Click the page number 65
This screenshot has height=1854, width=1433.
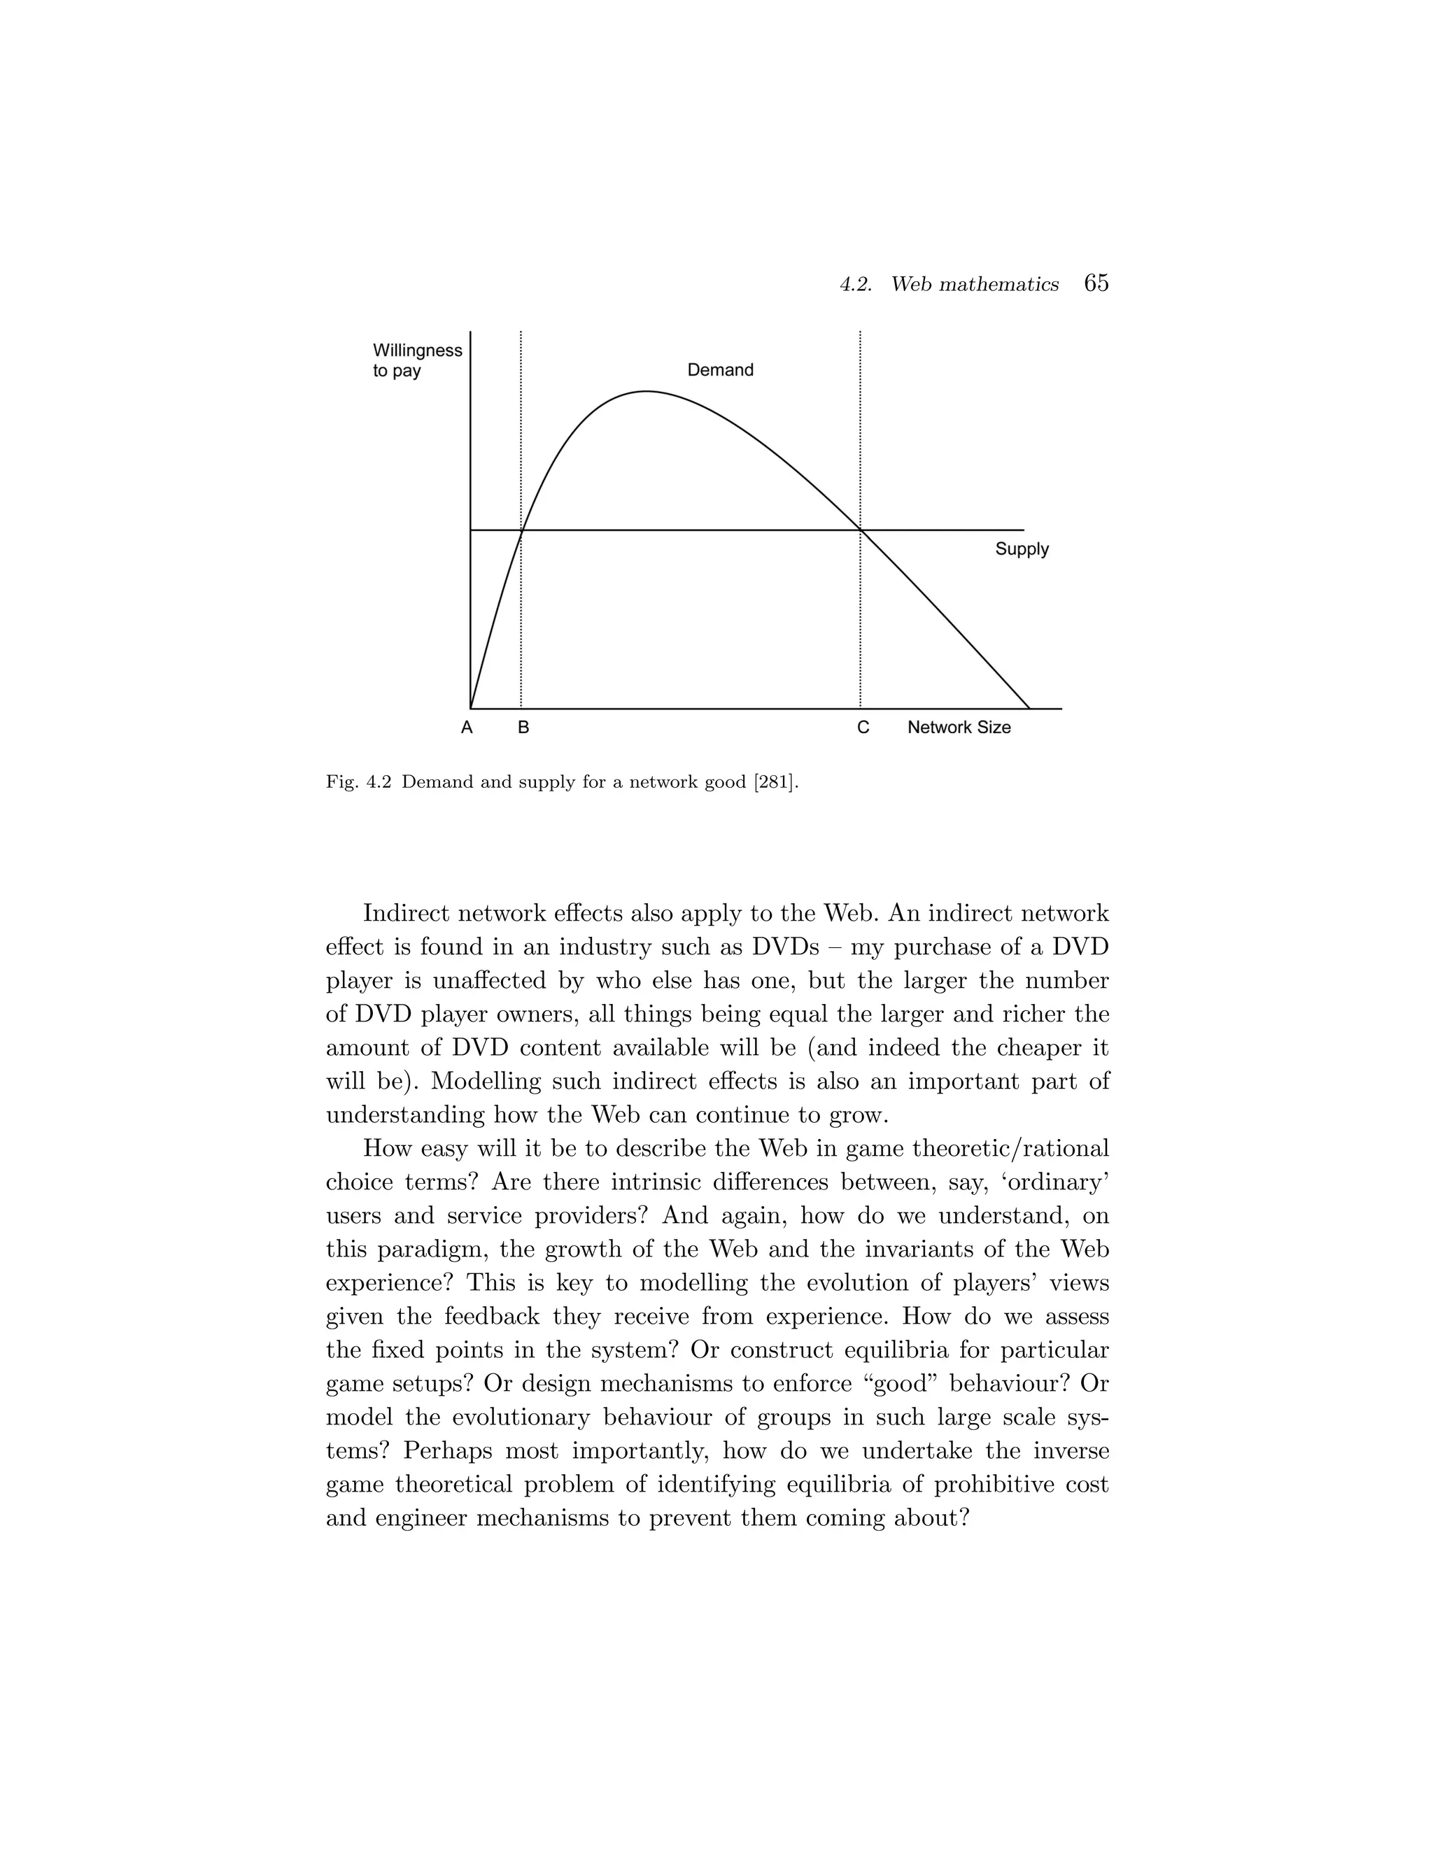(1096, 283)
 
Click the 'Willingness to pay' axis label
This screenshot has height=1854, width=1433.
(417, 360)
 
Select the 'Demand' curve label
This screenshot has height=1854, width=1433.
(720, 370)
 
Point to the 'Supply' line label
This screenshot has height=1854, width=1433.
(1022, 549)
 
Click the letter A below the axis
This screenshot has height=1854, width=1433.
(466, 728)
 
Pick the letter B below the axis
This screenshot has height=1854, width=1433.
(523, 728)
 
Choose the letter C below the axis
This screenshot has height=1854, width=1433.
(863, 728)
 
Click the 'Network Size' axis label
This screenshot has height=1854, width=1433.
(959, 728)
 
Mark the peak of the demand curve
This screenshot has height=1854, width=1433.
(646, 391)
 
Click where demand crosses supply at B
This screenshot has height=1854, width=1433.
(521, 530)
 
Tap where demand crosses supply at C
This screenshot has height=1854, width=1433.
(861, 530)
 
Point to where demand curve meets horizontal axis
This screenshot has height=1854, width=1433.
(1029, 708)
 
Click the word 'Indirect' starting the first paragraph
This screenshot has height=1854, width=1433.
(406, 914)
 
